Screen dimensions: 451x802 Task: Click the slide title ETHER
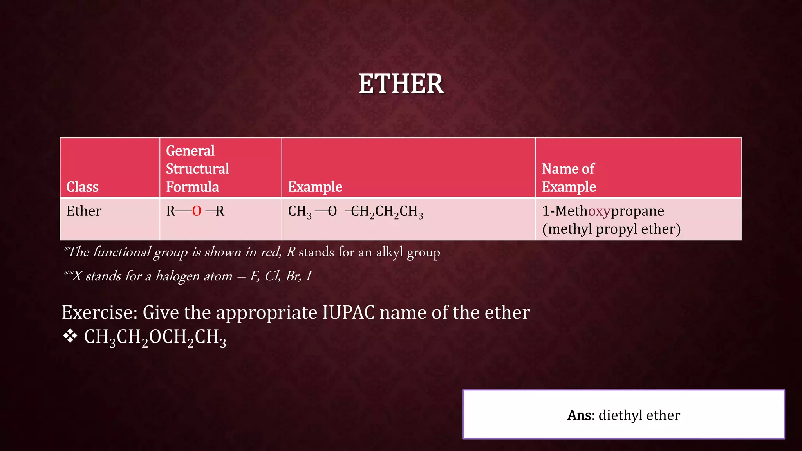tap(401, 83)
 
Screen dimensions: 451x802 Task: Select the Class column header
tap(82, 187)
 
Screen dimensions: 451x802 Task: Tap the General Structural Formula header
tap(197, 169)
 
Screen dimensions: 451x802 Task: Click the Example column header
tap(315, 187)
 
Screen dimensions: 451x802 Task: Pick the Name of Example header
tap(569, 178)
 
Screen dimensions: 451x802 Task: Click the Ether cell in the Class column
tap(84, 211)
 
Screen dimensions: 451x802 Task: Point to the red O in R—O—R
tap(197, 211)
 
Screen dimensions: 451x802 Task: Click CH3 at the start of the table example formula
tap(300, 211)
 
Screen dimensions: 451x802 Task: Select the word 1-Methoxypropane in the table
tap(603, 211)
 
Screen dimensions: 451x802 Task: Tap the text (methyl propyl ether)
tap(611, 229)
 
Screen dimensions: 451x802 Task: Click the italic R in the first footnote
tap(291, 252)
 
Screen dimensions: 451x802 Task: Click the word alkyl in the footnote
tap(389, 252)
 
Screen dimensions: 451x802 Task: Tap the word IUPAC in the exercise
tap(348, 312)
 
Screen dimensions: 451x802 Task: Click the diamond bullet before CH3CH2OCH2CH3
tap(70, 336)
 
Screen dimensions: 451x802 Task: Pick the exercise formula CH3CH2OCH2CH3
tap(155, 337)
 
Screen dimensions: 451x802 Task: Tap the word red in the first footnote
tap(270, 252)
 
